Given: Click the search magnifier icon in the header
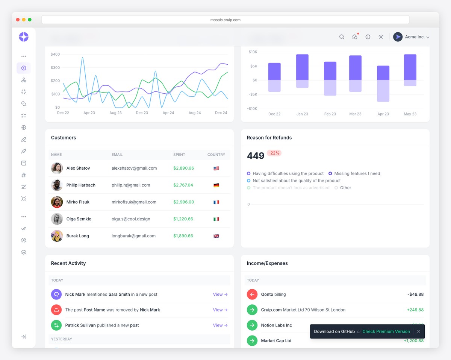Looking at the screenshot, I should pyautogui.click(x=342, y=37).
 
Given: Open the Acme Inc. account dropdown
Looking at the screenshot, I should pyautogui.click(x=411, y=37).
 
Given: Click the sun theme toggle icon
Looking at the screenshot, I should pyautogui.click(x=381, y=37).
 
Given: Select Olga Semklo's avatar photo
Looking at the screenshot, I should pyautogui.click(x=57, y=219).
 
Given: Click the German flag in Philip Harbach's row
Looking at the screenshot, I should pyautogui.click(x=216, y=185).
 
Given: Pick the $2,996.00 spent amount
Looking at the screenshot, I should pyautogui.click(x=183, y=202).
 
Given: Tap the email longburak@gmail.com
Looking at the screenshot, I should pyautogui.click(x=133, y=236).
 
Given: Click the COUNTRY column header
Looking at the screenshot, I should pyautogui.click(x=216, y=155).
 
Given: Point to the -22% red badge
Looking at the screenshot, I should pyautogui.click(x=274, y=153).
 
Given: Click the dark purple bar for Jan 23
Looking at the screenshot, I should pyautogui.click(x=302, y=67).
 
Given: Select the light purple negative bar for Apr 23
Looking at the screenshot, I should pyautogui.click(x=383, y=91).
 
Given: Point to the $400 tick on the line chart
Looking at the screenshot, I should pyautogui.click(x=55, y=54).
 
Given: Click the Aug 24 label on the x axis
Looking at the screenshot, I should pyautogui.click(x=195, y=113).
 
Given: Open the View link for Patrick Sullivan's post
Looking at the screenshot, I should pyautogui.click(x=220, y=325).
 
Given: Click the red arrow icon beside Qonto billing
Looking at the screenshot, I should pyautogui.click(x=252, y=294).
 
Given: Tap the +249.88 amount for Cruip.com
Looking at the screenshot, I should pyautogui.click(x=415, y=310).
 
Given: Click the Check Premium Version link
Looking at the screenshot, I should pyautogui.click(x=386, y=331).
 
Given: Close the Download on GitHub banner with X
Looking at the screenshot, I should pyautogui.click(x=418, y=331).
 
